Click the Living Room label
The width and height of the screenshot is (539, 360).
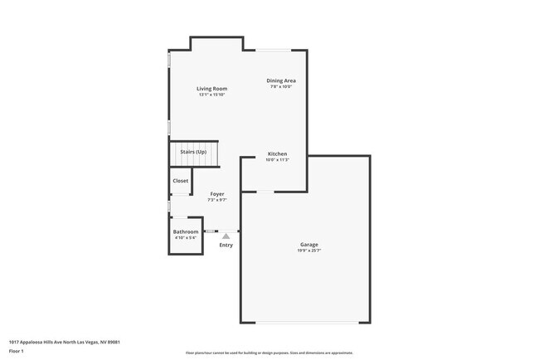211,89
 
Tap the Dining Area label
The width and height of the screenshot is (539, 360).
281,80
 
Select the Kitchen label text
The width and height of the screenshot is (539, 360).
277,153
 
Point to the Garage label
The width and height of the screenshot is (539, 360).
308,244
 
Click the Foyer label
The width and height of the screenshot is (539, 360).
217,194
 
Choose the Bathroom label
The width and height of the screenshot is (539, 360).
186,231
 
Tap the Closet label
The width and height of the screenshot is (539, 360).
180,181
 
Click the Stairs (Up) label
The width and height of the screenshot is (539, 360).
193,153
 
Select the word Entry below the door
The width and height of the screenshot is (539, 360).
226,245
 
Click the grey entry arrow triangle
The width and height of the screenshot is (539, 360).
226,236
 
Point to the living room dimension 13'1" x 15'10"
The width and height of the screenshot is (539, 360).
211,95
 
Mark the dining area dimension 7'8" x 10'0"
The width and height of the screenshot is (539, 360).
281,86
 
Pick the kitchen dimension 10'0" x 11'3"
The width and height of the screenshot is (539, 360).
277,159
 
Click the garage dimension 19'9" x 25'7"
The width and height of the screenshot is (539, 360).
308,250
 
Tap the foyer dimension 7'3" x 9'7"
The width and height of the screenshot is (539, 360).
217,200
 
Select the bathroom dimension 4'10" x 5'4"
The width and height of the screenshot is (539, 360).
186,237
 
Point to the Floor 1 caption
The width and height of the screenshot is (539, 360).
17,352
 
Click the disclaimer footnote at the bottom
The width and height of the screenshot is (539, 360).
269,353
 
